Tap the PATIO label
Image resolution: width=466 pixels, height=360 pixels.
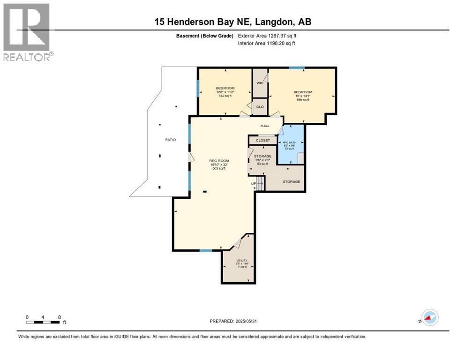tap(170, 140)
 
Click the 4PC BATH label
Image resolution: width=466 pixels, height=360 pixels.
tap(287, 142)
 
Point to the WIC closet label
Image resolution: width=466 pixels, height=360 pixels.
tap(260, 83)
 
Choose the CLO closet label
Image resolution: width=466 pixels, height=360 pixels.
tap(260, 106)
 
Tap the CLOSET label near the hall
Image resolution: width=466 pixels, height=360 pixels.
tap(263, 140)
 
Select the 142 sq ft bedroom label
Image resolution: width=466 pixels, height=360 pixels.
tap(225, 88)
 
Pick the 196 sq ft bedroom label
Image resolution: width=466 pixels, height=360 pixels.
tap(303, 92)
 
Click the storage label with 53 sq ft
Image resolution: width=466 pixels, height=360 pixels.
tap(263, 156)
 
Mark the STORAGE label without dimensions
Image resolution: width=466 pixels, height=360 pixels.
tap(291, 181)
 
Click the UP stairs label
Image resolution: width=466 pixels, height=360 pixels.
tap(254, 183)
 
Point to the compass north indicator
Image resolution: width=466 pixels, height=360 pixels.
tap(429, 318)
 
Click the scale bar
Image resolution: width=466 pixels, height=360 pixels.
tap(43, 322)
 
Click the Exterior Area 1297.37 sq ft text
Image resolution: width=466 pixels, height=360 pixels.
tap(267, 35)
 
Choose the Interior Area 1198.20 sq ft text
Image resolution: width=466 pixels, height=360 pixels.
tap(266, 44)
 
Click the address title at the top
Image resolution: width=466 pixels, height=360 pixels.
tap(233, 22)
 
